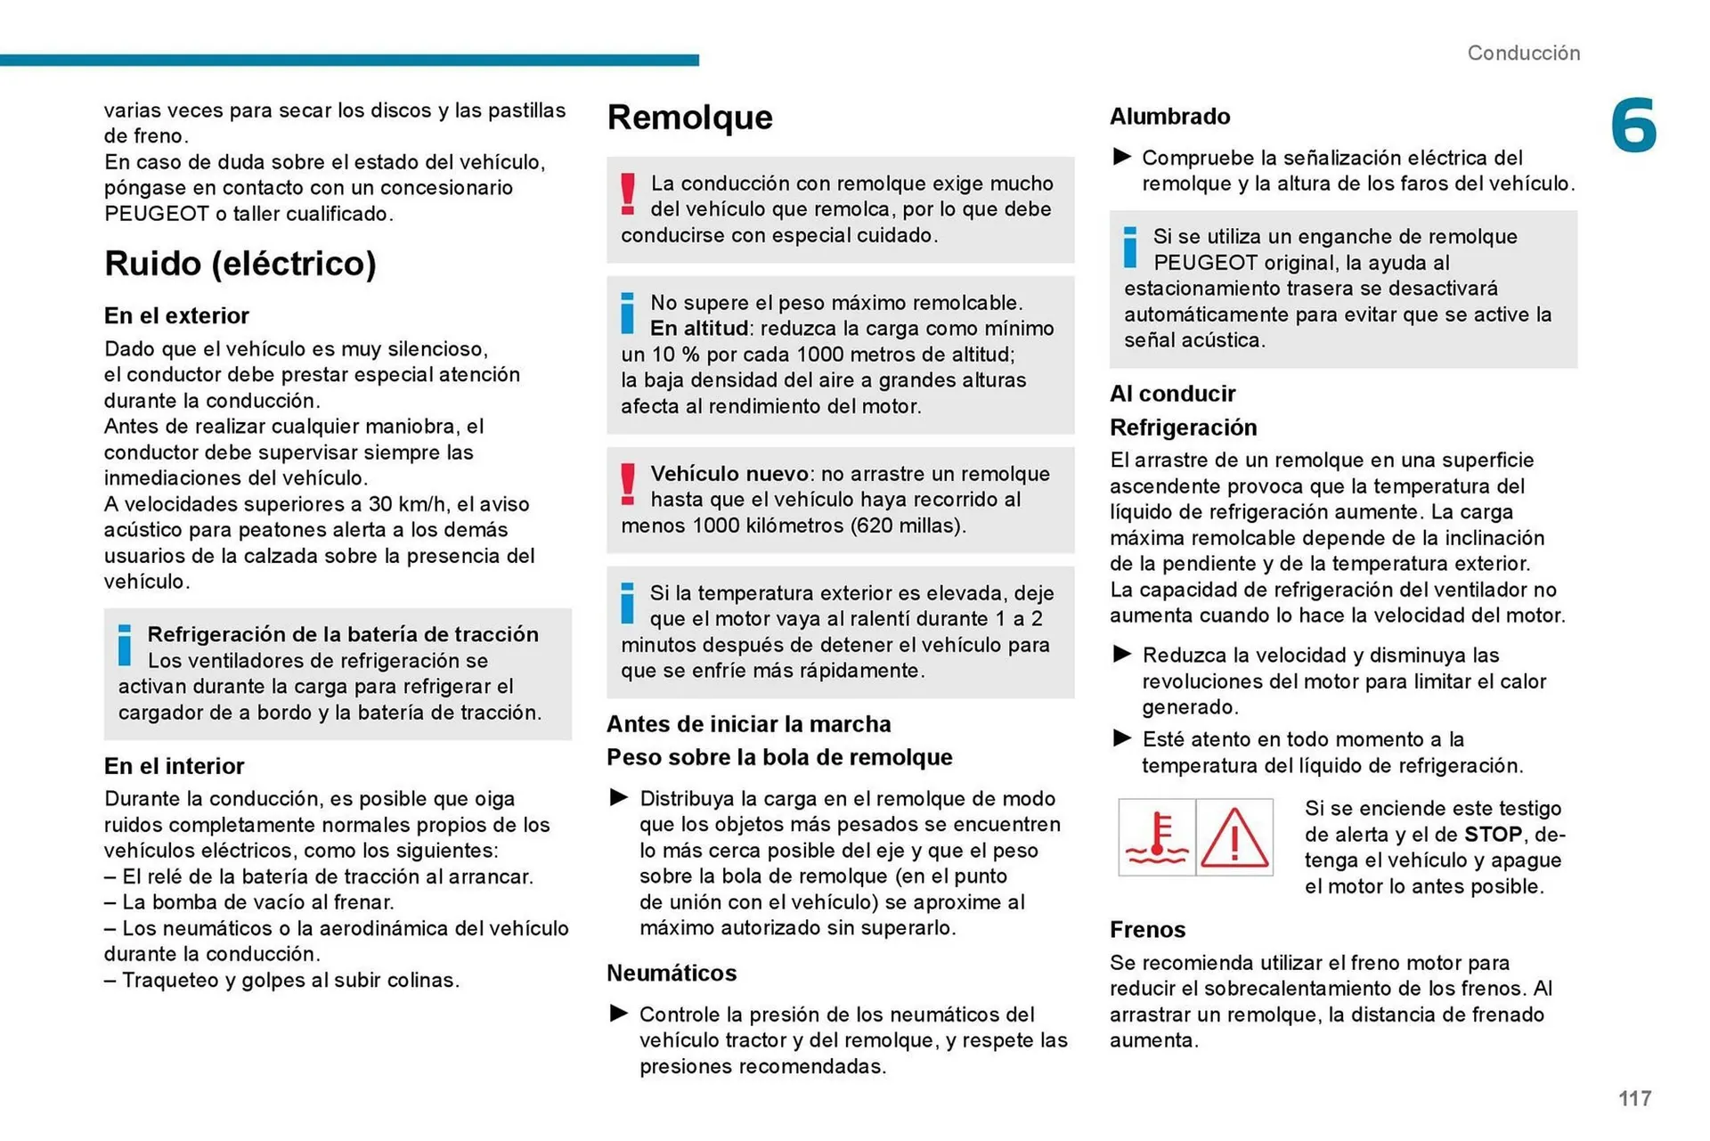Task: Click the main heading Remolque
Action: pos(689,118)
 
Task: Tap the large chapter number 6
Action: pos(1633,126)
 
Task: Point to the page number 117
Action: pos(1634,1098)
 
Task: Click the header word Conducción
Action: pos(1523,53)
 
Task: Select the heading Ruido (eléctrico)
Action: pos(240,264)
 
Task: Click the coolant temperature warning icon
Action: pos(1156,837)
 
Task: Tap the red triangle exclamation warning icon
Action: pos(1234,837)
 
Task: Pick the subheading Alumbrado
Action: pos(1169,117)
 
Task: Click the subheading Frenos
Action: pos(1147,930)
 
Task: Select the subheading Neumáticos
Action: pos(672,973)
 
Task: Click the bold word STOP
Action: pos(1493,835)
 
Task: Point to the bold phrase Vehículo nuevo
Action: pos(729,474)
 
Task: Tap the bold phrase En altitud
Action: pos(701,329)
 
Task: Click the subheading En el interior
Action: pos(174,766)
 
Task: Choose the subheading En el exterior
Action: pos(176,316)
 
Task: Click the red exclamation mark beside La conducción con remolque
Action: pos(628,194)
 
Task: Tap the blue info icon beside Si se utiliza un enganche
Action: pos(1130,247)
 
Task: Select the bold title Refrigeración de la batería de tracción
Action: pos(343,634)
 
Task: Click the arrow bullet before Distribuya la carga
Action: pos(619,797)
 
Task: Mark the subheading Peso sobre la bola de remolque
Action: pos(779,757)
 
